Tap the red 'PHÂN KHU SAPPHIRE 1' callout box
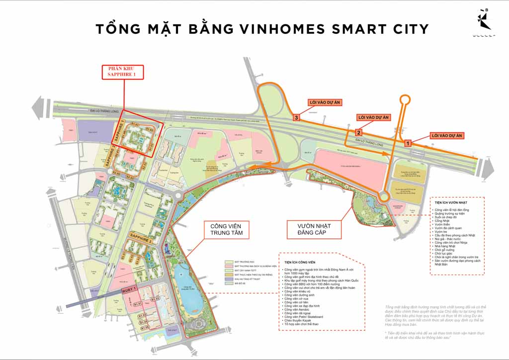122,72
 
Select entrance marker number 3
297,118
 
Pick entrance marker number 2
358,132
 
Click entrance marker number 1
408,143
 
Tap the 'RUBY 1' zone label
128,293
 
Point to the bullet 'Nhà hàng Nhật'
445,246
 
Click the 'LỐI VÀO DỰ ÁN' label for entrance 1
446,135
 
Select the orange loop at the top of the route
405,100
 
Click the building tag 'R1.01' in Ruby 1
137,303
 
